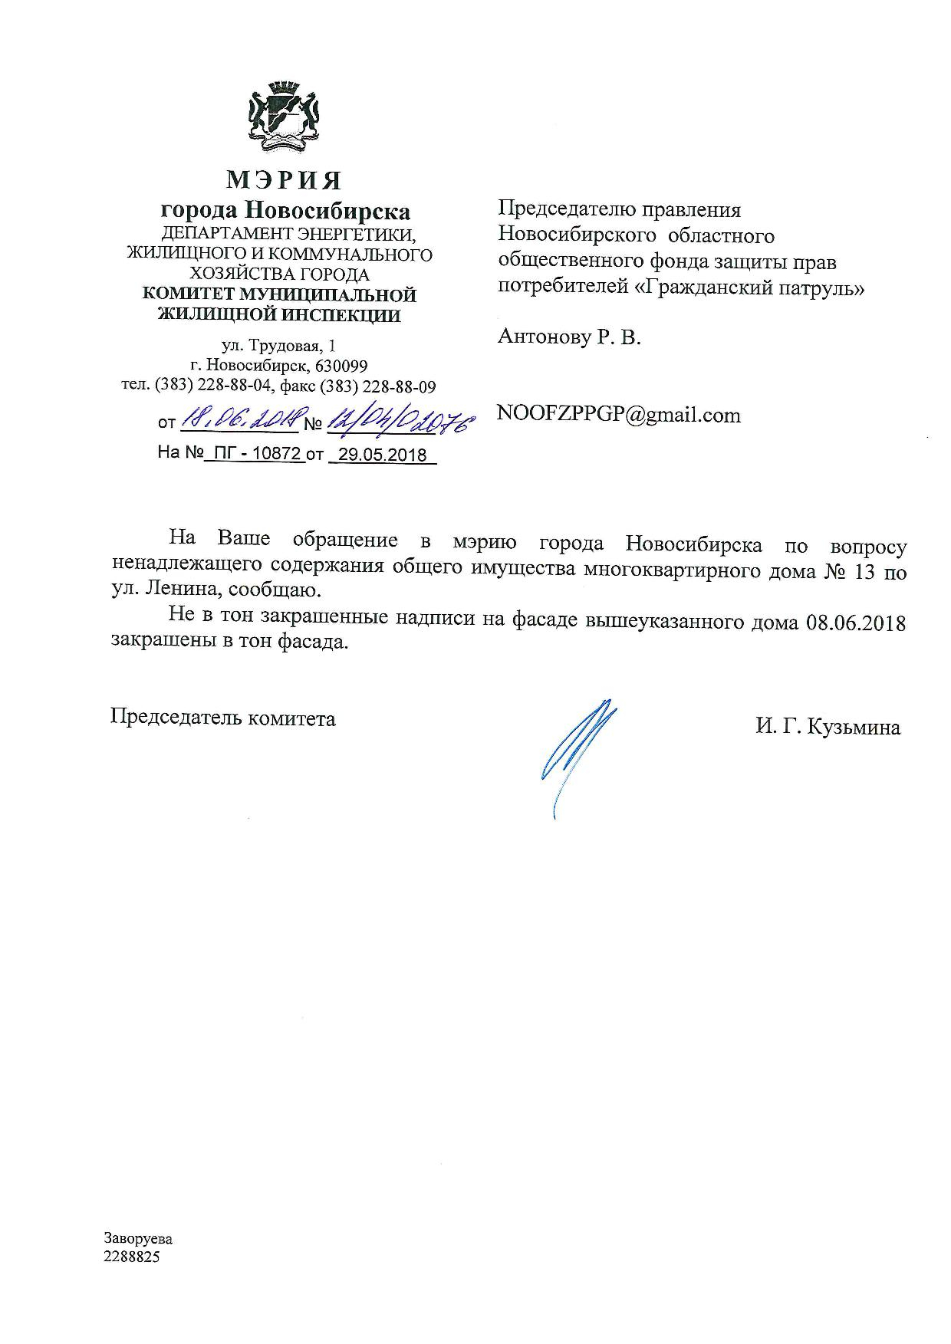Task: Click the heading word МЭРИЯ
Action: coord(284,181)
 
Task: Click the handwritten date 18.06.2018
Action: coord(243,418)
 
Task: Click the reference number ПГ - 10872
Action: coord(255,454)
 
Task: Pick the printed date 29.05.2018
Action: coord(383,455)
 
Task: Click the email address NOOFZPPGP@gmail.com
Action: coord(618,416)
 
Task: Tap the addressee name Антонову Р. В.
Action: coord(568,337)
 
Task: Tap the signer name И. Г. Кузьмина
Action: coord(828,727)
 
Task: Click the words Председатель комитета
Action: coord(223,718)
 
